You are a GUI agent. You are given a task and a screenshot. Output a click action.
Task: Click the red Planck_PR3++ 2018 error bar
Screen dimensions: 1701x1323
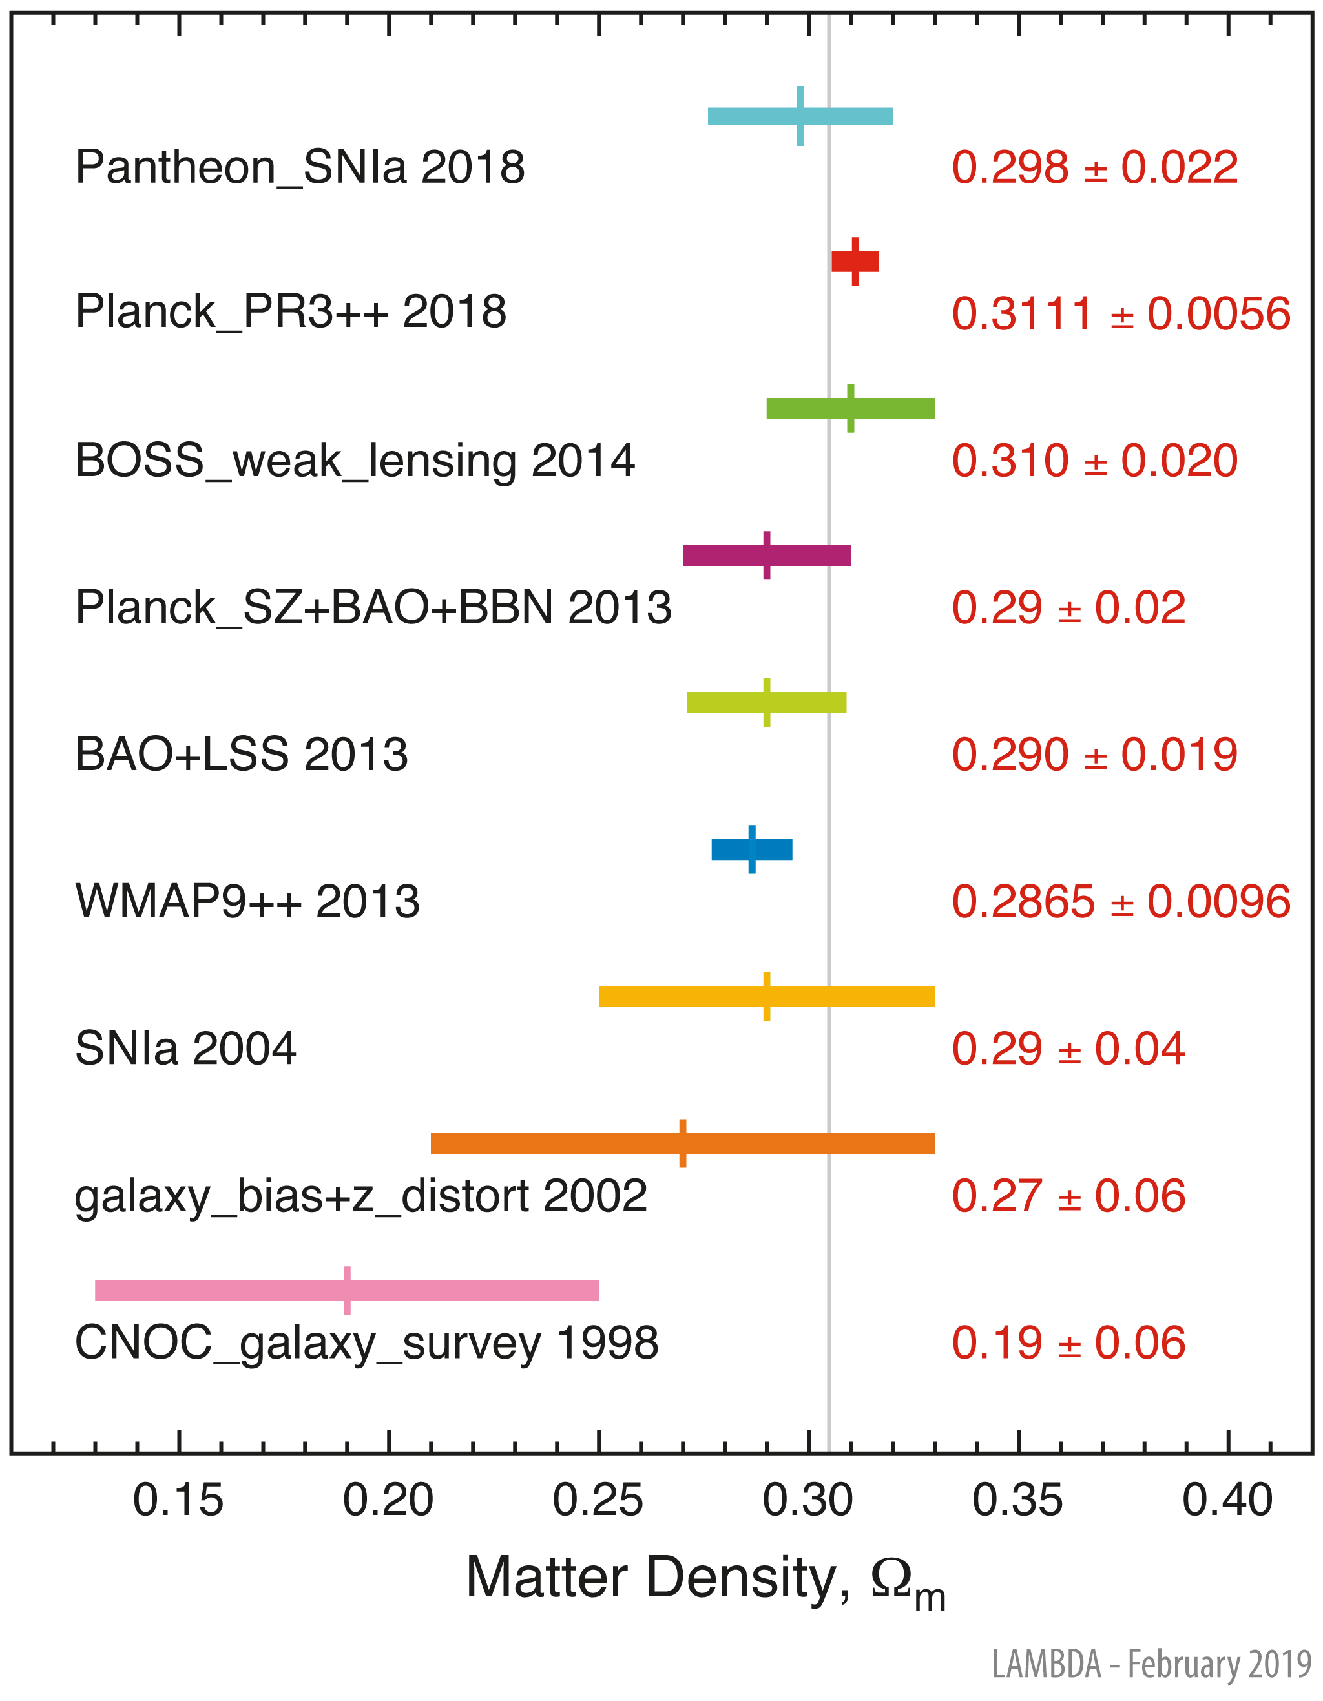tap(855, 262)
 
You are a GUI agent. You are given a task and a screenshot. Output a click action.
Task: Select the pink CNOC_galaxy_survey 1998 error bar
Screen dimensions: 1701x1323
tap(346, 1291)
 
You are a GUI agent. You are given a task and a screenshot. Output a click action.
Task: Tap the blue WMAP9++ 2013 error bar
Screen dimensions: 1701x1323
tap(751, 850)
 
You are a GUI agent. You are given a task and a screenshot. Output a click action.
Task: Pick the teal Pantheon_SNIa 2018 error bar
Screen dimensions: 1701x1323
tap(800, 116)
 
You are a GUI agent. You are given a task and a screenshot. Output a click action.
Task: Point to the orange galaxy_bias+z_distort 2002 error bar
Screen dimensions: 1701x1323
tap(682, 1143)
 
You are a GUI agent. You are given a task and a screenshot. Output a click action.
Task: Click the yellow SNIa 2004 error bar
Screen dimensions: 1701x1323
tap(766, 996)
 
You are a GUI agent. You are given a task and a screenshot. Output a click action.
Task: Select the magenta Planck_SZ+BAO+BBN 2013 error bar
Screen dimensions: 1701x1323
tap(766, 556)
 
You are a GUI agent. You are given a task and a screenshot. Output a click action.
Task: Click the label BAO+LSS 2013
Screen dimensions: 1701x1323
tap(242, 754)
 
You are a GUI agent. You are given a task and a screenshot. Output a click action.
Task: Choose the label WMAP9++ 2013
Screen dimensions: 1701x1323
tap(247, 901)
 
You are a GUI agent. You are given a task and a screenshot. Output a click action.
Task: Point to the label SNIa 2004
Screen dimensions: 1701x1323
tap(185, 1049)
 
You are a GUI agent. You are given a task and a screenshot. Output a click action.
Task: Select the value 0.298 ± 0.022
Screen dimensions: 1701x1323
tap(1094, 167)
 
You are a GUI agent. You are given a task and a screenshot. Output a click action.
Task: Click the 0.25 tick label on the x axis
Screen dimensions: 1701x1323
tap(598, 1500)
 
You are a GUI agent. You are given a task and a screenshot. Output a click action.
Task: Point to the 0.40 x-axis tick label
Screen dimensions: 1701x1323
tap(1227, 1500)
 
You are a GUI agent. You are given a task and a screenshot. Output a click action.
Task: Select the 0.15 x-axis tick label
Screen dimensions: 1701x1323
tap(178, 1500)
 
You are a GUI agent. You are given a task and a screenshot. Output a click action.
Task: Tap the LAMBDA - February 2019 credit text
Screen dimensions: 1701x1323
tap(1151, 1664)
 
